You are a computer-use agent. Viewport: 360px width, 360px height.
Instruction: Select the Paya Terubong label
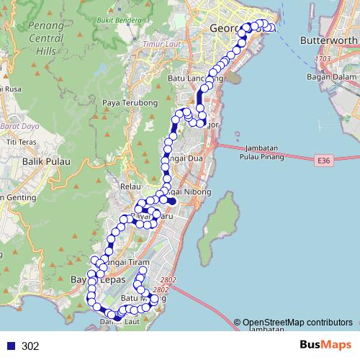[x=130, y=103]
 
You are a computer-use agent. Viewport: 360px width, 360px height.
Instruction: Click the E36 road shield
[x=326, y=161]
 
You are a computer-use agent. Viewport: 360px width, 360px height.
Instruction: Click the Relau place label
[x=130, y=186]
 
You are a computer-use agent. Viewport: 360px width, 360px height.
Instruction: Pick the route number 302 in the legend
[x=30, y=346]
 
